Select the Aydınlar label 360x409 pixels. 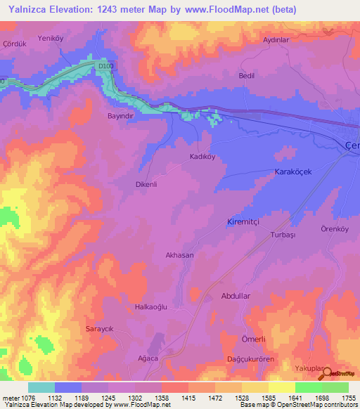pos(276,40)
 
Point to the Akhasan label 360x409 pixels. pos(179,256)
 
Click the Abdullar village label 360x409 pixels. pos(236,296)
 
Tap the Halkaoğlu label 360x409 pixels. pos(152,307)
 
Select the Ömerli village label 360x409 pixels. pos(252,339)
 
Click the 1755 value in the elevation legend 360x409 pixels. pos(347,398)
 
